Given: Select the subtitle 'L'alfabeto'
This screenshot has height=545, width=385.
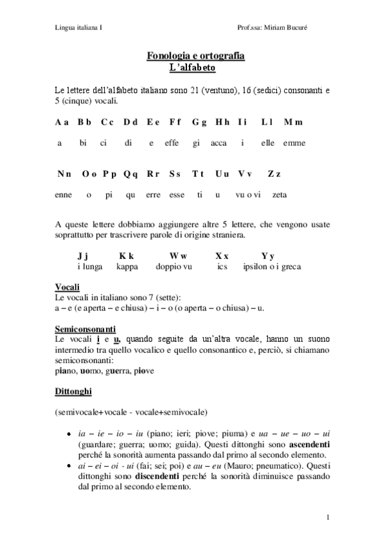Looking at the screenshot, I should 192,67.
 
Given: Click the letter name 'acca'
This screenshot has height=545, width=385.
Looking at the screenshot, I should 219,143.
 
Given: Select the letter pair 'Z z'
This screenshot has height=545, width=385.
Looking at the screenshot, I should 274,174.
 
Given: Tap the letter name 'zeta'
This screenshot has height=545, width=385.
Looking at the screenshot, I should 280,194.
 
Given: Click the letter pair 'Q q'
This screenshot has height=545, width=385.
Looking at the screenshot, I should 130,174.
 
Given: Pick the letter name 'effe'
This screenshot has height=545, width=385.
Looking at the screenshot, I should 172,143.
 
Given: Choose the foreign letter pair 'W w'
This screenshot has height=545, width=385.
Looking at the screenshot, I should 178,255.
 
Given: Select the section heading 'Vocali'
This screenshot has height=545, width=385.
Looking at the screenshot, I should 67,287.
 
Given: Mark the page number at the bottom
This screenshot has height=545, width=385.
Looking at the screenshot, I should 328,517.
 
